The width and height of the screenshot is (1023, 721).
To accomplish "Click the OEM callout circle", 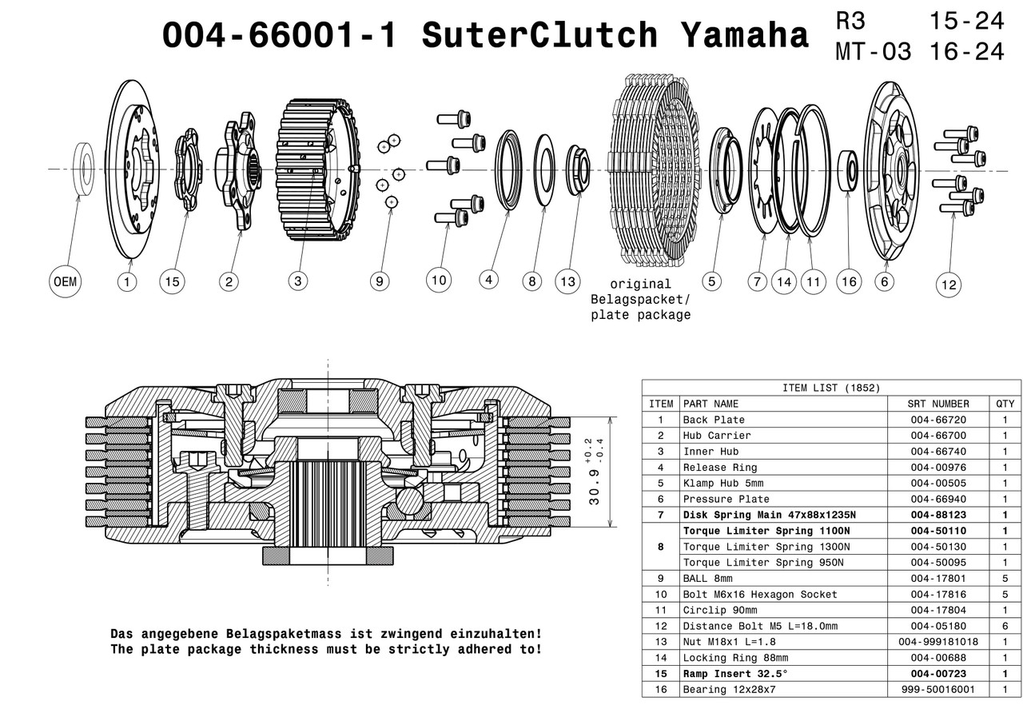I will [x=65, y=281].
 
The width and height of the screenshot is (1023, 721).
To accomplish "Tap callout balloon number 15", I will [x=172, y=281].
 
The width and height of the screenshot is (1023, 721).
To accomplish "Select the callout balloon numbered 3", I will [x=298, y=281].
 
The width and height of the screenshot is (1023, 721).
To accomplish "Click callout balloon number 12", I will [x=949, y=285].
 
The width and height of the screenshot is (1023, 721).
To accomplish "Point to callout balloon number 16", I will [x=849, y=281].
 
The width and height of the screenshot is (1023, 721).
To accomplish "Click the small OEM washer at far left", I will [x=83, y=169].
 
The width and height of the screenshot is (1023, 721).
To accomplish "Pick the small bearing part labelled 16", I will [x=848, y=169].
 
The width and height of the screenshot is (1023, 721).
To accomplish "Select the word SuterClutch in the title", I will [x=540, y=36].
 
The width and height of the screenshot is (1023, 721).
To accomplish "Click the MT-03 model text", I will [x=873, y=52].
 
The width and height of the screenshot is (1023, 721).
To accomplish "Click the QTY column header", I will [x=1005, y=404].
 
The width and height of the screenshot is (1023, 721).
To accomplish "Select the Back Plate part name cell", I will [x=714, y=420].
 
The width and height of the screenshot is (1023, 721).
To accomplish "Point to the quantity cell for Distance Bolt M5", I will [x=1005, y=626].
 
